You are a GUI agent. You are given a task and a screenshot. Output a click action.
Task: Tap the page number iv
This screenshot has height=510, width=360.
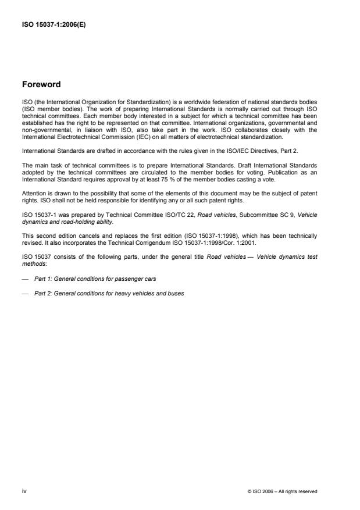pyautogui.click(x=24, y=491)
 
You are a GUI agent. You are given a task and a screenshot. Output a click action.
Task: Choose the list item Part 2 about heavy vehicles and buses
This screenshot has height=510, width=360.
pyautogui.click(x=109, y=294)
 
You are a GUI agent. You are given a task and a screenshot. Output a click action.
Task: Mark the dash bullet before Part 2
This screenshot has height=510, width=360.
pyautogui.click(x=24, y=294)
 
